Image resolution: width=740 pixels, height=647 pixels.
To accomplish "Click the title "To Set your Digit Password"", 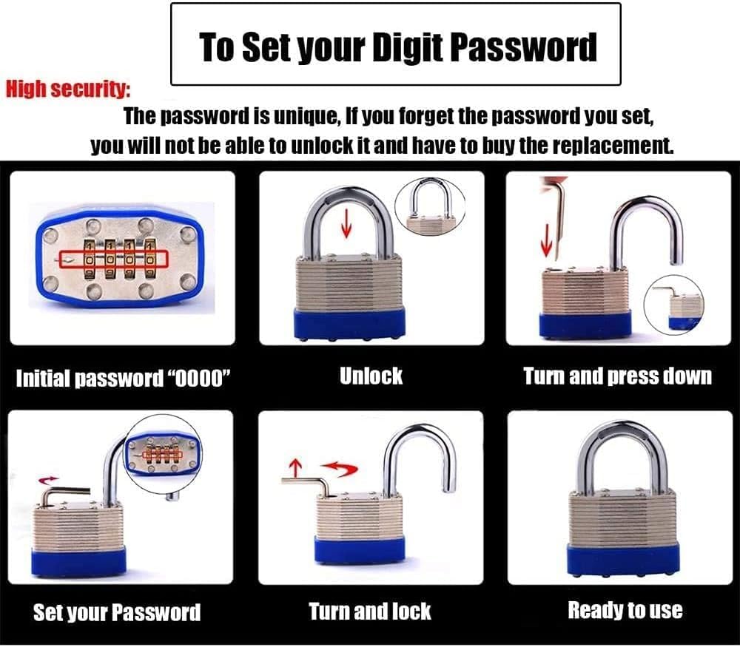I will pyautogui.click(x=397, y=46).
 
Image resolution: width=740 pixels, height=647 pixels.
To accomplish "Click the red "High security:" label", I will pyautogui.click(x=68, y=90).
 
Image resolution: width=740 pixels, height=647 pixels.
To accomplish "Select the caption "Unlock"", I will pyautogui.click(x=371, y=375).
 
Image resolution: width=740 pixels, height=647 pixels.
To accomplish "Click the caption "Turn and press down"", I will pyautogui.click(x=617, y=376).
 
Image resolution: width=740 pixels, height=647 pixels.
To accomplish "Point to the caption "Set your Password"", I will pyautogui.click(x=117, y=612).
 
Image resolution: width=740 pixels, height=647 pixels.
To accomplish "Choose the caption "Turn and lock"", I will pyautogui.click(x=369, y=611).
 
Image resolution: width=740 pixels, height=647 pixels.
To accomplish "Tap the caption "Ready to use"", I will pyautogui.click(x=625, y=610).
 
